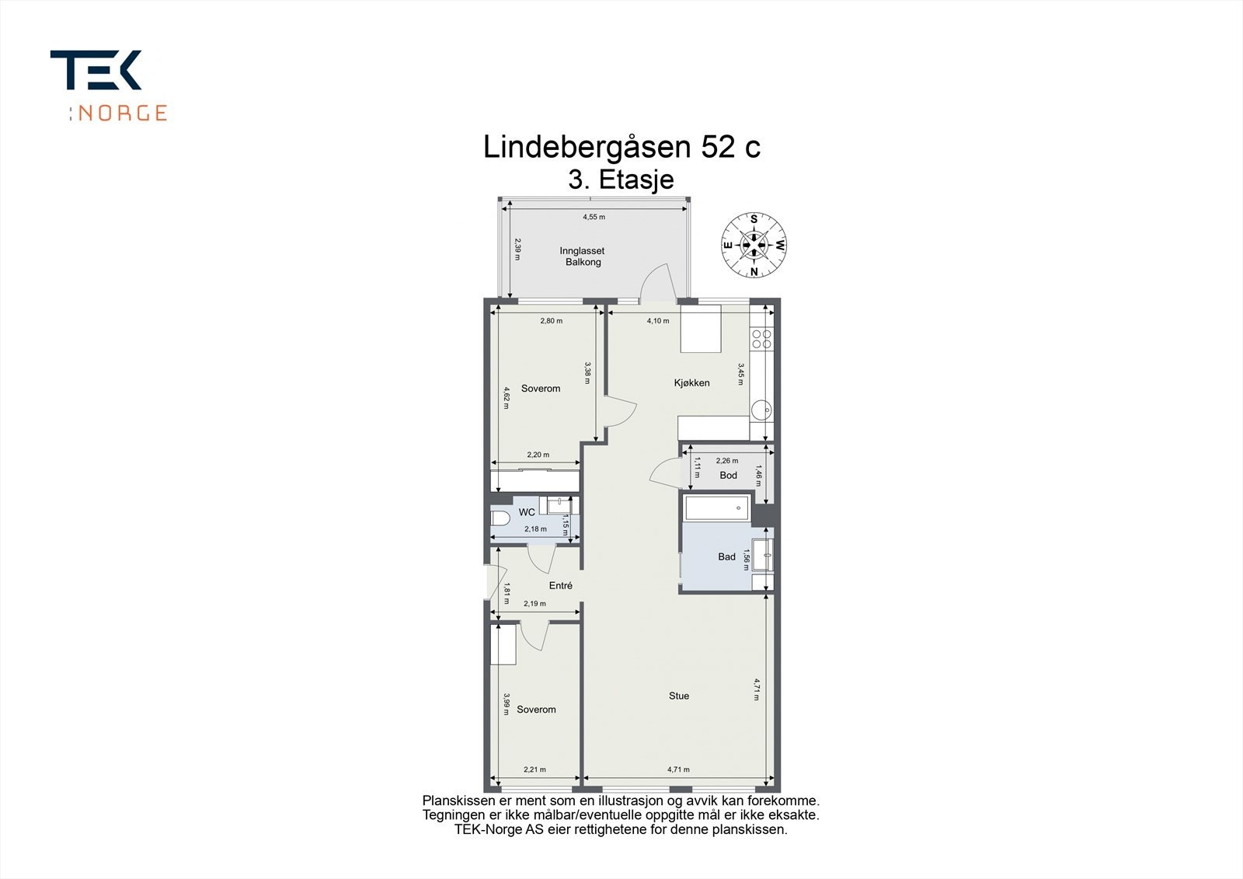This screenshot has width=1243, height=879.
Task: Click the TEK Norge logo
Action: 108,85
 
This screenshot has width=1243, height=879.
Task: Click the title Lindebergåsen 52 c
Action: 621,147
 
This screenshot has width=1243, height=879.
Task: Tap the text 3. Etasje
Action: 621,180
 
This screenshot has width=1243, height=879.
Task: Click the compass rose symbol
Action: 754,245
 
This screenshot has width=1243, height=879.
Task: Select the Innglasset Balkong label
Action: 582,256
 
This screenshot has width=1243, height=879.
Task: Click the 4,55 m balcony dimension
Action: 594,217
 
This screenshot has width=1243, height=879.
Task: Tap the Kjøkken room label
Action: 691,382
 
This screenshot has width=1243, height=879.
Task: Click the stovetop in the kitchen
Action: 761,338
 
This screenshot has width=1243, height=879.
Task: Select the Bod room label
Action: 728,475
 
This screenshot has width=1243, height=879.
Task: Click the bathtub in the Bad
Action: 716,508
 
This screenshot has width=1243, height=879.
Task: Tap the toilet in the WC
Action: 500,518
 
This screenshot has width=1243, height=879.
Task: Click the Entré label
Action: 560,585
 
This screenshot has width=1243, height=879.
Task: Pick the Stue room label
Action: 678,696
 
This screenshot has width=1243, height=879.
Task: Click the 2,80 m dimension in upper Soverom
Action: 551,320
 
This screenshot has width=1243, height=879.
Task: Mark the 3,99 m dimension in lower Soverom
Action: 506,703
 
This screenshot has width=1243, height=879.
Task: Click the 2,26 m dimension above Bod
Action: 726,460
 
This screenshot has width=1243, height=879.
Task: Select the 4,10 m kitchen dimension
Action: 657,320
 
